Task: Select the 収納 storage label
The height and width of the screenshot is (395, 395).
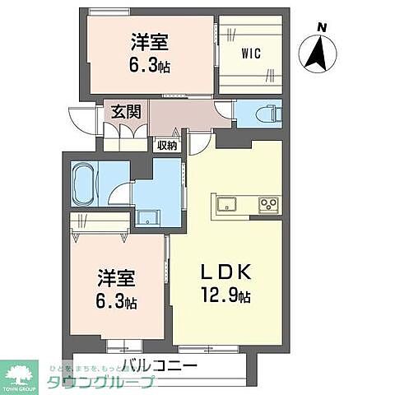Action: pyautogui.click(x=167, y=145)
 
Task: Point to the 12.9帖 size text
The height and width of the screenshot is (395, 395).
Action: pyautogui.click(x=222, y=295)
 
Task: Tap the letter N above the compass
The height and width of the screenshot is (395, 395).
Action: pyautogui.click(x=323, y=27)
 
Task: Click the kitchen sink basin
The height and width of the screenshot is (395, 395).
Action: pyautogui.click(x=226, y=204)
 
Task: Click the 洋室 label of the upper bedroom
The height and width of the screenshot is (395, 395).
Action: pyautogui.click(x=143, y=41)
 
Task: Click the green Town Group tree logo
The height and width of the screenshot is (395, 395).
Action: pyautogui.click(x=19, y=374)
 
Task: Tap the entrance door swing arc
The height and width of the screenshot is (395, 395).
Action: pyautogui.click(x=83, y=122)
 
